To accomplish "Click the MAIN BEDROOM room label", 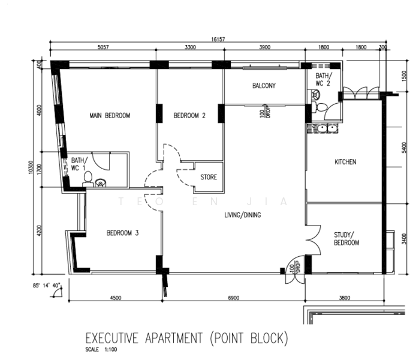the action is pos(110,116).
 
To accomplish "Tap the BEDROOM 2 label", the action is pos(189,116).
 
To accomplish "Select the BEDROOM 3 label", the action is pos(123,233).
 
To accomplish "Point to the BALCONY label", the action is pos(264,86).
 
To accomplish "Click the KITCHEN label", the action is pos(345,162).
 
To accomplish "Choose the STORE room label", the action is pos(209,177).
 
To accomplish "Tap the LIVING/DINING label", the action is pos(243,215).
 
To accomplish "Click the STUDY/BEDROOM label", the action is pos(346,239).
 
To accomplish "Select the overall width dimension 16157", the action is pos(218,40).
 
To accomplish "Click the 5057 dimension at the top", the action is pos(103,47).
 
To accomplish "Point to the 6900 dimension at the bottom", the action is pos(234,298).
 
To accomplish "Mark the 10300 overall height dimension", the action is pos(31,167).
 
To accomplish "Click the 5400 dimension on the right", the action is pos(404,148).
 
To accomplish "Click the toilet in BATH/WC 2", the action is pos(319,107).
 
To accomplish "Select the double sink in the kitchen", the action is pos(327,128).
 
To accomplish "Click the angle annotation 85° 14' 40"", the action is pos(47,286).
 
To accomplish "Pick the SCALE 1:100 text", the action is pos(101,350).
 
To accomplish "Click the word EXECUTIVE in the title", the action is pos(111,338).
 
